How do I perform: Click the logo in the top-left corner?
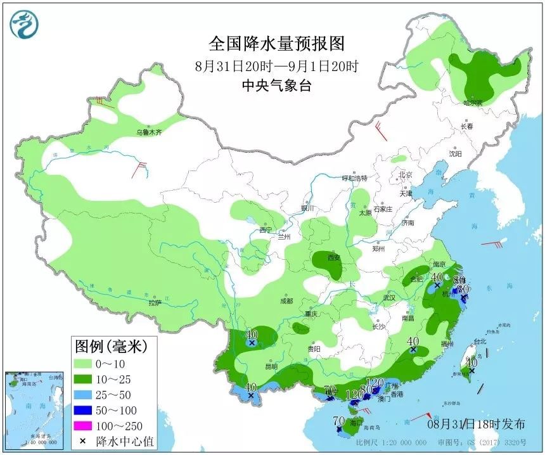pos(23,24)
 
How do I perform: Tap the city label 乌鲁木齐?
pos(150,132)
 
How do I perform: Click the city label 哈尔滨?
pos(472,103)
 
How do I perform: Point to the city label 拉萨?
pos(155,303)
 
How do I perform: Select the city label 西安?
pos(334,257)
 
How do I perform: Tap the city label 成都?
pos(285,300)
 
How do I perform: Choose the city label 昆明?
pos(271,366)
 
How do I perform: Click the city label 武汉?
pos(388,297)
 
